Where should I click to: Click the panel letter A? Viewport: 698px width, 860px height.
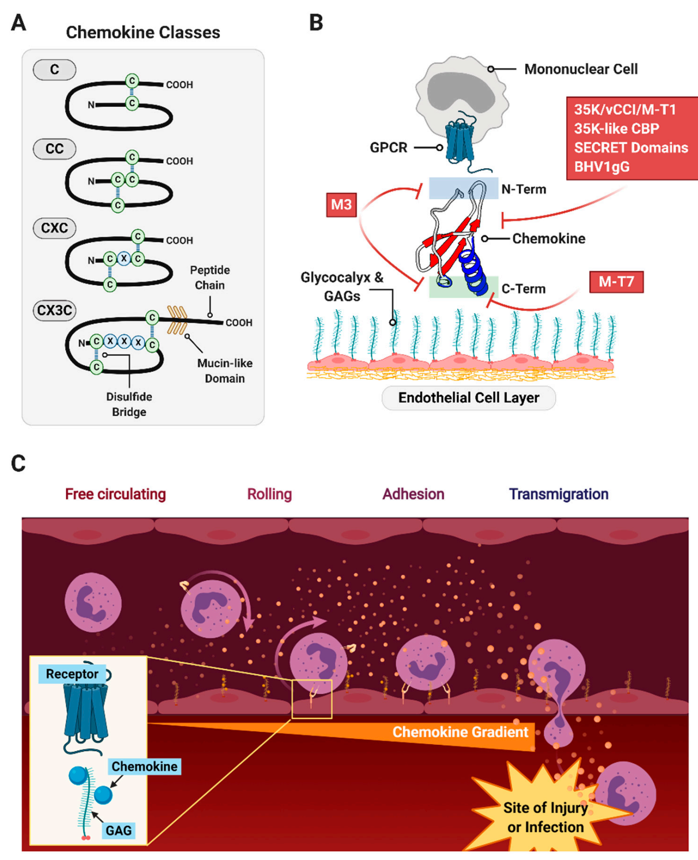coord(18,23)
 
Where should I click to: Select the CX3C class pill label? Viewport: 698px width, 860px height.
coord(55,310)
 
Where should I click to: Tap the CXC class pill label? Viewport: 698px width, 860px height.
coord(55,228)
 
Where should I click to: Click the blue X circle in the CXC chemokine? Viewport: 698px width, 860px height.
coord(124,259)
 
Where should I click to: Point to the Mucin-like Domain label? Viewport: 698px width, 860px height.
coord(225,371)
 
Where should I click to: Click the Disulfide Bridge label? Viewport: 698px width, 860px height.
coord(129,404)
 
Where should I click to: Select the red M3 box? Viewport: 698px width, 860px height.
coord(341,205)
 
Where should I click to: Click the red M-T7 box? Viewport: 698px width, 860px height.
coord(616,282)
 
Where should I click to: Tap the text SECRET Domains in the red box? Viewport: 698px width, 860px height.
coord(631,148)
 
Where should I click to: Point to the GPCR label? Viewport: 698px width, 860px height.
coord(388,148)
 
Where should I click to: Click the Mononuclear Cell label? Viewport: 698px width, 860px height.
coord(581,69)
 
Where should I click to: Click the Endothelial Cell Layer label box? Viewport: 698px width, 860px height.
coord(469,398)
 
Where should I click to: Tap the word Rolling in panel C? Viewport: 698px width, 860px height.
coord(270,494)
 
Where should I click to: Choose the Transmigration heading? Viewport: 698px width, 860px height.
coord(558,494)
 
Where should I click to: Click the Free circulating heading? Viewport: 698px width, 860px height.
coord(116,494)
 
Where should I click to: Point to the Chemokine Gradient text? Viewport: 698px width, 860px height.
coord(460,732)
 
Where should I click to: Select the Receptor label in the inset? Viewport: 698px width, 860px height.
coord(72,674)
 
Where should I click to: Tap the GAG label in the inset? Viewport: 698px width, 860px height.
coord(119,830)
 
